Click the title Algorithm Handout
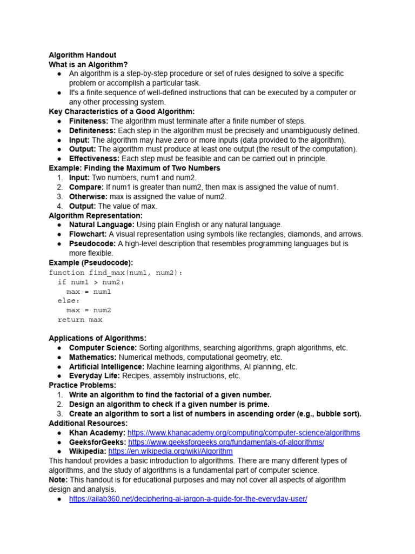point(82,55)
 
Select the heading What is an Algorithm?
point(88,64)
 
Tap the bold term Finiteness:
point(89,121)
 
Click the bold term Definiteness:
point(92,130)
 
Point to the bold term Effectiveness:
point(94,159)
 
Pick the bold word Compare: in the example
point(86,187)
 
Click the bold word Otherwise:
point(88,196)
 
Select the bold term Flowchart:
point(88,234)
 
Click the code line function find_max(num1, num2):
point(116,273)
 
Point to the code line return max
point(80,320)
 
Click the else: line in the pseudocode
point(69,301)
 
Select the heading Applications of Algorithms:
point(97,338)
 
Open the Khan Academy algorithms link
point(244,433)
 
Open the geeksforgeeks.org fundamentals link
point(226,442)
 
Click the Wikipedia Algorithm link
point(170,451)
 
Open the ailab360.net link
point(188,499)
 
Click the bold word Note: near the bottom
point(58,480)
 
